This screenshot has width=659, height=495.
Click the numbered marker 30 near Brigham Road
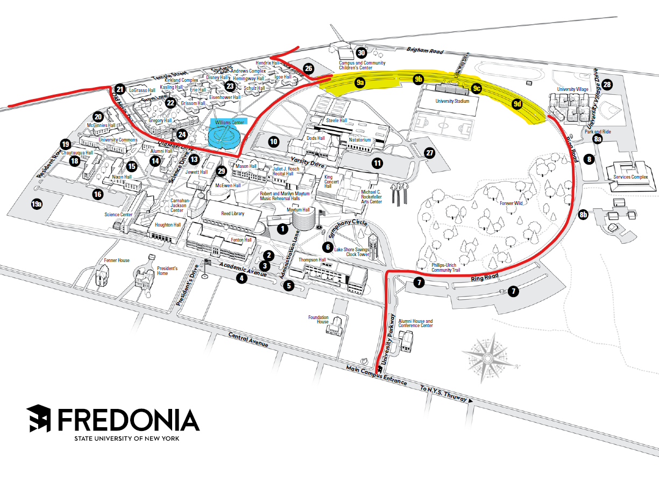[x=362, y=53]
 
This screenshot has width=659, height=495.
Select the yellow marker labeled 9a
[x=360, y=82]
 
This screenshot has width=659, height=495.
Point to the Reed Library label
[x=233, y=214]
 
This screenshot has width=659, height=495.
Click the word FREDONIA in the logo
[x=129, y=420]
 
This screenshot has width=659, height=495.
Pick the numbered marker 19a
[x=37, y=204]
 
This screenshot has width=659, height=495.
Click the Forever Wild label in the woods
[x=511, y=203]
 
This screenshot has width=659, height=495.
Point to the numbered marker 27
[x=429, y=153]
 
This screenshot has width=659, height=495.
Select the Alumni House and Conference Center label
[x=415, y=323]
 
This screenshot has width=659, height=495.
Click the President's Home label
[x=167, y=270]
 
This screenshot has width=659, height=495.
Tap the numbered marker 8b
[x=584, y=215]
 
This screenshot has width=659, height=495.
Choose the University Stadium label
[x=452, y=101]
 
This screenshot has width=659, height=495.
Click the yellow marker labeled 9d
[x=518, y=104]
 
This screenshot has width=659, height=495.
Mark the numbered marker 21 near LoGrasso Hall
[x=120, y=89]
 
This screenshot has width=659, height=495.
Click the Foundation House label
[x=318, y=320]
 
